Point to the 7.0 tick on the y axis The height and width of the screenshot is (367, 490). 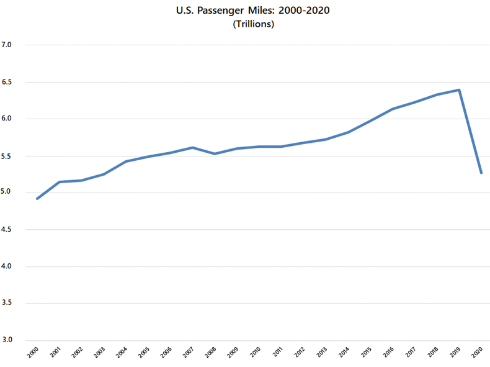coord(8,45)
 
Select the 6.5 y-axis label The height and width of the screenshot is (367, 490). coord(8,82)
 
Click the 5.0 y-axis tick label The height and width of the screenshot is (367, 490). coord(8,193)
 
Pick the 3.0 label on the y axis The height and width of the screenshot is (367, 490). coord(8,340)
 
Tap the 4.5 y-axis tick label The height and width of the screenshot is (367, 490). coord(8,230)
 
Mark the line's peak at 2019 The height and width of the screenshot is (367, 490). coord(459,90)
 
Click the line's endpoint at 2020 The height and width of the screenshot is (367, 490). coord(481,173)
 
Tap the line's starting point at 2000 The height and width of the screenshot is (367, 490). coord(37,199)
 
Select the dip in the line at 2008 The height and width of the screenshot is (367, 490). coord(215,153)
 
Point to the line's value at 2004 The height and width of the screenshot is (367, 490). coord(126,161)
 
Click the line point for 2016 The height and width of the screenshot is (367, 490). coord(392,109)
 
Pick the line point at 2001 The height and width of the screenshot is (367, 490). coord(60,182)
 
